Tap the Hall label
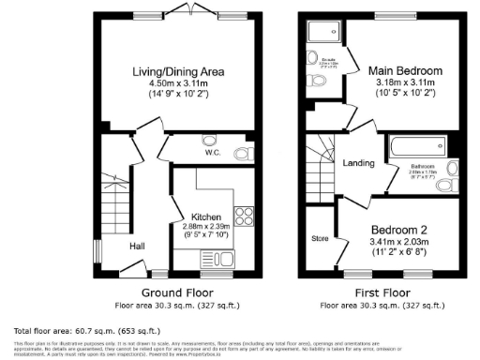point(138,246)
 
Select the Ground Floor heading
point(175,293)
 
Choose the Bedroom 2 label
point(401,230)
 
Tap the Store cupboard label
point(320,238)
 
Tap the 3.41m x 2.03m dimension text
point(401,242)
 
